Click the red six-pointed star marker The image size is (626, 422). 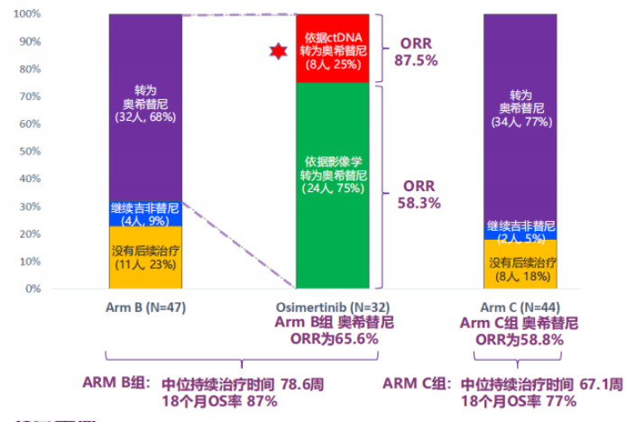(277, 50)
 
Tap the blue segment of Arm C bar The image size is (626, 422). (520, 231)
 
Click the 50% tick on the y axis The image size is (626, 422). (29, 152)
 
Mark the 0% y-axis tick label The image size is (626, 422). (32, 289)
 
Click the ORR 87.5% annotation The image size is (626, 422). (416, 52)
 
